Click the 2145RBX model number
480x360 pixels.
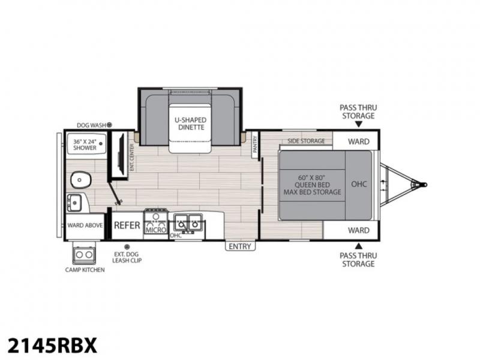[x=52, y=346]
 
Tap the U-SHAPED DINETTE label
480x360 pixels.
[x=190, y=124]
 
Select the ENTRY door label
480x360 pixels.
[x=240, y=246]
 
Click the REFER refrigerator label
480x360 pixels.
[x=127, y=226]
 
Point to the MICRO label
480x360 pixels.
[x=156, y=230]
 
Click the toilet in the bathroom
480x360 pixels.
[x=81, y=179]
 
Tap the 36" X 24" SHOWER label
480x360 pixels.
[x=85, y=145]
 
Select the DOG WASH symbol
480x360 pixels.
[x=109, y=125]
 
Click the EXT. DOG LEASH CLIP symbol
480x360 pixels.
[x=127, y=247]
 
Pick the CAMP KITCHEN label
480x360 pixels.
[x=85, y=269]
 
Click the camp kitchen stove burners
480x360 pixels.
[x=84, y=254]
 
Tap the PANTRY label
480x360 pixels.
[x=255, y=144]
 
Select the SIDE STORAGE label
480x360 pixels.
[x=306, y=141]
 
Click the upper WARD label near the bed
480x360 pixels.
[x=358, y=142]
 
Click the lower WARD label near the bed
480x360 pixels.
[x=358, y=230]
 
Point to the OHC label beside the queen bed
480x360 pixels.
[x=359, y=184]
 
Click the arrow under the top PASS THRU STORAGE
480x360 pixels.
[x=359, y=124]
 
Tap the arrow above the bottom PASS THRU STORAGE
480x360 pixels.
[x=359, y=246]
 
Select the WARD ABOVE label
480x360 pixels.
[x=85, y=226]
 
